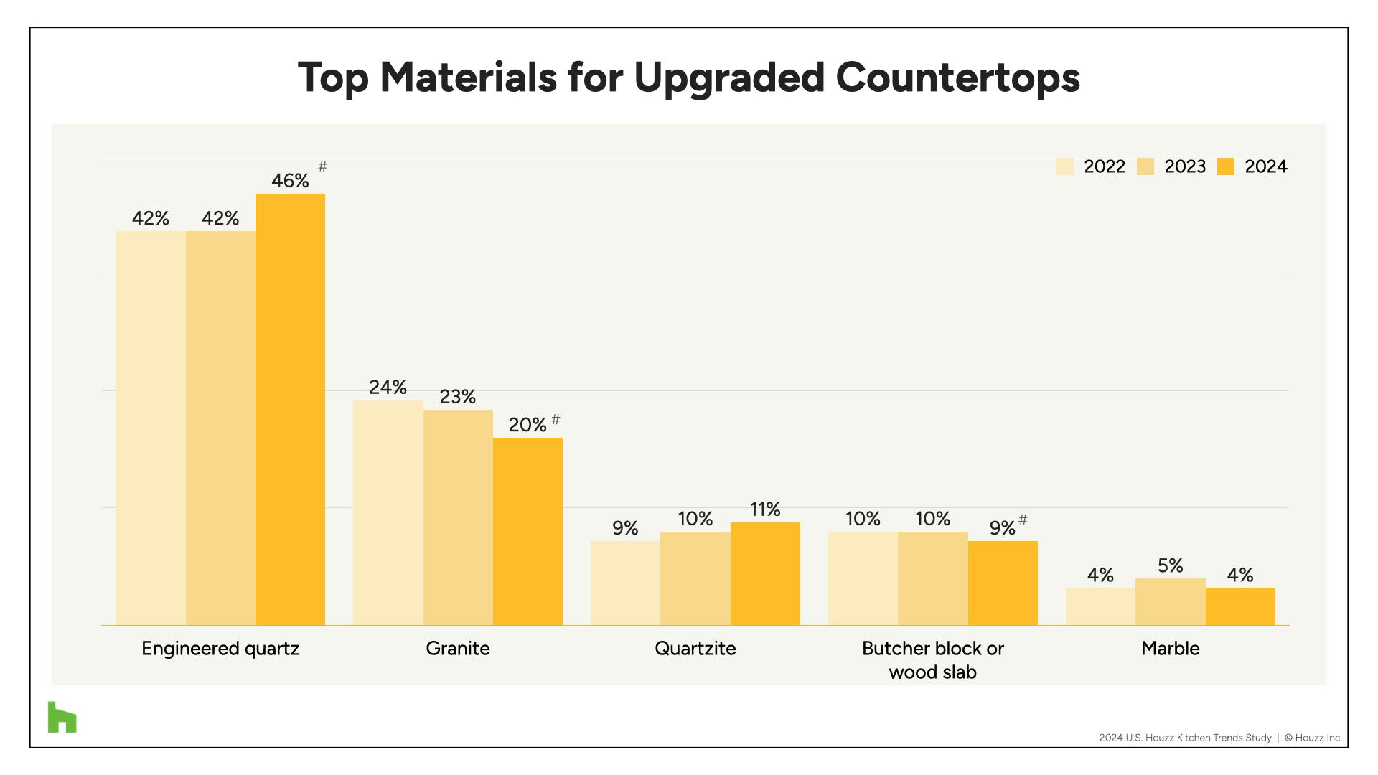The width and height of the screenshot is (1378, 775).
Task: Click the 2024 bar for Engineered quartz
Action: (x=290, y=409)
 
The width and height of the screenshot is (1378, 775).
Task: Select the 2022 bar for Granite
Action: (x=388, y=512)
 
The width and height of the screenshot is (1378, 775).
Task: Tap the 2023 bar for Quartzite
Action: (x=695, y=578)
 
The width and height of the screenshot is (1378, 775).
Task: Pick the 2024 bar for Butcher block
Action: (x=1003, y=583)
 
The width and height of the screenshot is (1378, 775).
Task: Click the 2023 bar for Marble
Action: (x=1170, y=601)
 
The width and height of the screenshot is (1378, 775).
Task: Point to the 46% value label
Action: (x=290, y=181)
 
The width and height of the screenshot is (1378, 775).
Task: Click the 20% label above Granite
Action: (x=528, y=425)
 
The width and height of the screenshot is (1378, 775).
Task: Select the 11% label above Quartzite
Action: (x=765, y=509)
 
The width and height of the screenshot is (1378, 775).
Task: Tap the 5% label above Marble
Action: (x=1170, y=566)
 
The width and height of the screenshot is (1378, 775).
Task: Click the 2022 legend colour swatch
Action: (x=1064, y=167)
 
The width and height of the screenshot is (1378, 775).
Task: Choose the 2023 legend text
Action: (x=1185, y=167)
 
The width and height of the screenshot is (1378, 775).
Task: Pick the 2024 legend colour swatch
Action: (x=1226, y=167)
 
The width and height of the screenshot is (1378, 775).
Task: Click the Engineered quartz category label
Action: (x=220, y=649)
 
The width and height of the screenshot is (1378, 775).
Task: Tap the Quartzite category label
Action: (x=695, y=649)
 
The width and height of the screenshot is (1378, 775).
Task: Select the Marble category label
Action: (x=1170, y=649)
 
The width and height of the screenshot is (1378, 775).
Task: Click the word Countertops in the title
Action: (x=957, y=77)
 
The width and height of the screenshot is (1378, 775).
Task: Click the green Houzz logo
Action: (x=62, y=717)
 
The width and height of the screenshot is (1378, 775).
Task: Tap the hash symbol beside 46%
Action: (x=323, y=166)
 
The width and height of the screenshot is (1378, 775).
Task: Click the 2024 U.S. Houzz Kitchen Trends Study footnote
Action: (x=1185, y=738)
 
